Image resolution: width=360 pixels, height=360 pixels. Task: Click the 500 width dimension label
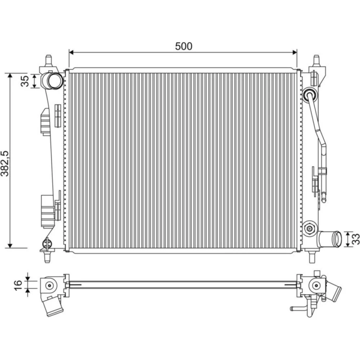point(184,46)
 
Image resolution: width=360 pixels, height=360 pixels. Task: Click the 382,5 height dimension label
point(5,163)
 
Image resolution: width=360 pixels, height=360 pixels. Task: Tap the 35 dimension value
point(25,81)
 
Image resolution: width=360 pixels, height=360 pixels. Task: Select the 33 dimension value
point(355,239)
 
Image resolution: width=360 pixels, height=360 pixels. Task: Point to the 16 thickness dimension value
point(18,285)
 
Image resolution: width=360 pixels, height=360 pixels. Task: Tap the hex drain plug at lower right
point(310,228)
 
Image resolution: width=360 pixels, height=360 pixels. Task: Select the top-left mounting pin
point(49,60)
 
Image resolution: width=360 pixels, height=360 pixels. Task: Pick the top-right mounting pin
point(316,60)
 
